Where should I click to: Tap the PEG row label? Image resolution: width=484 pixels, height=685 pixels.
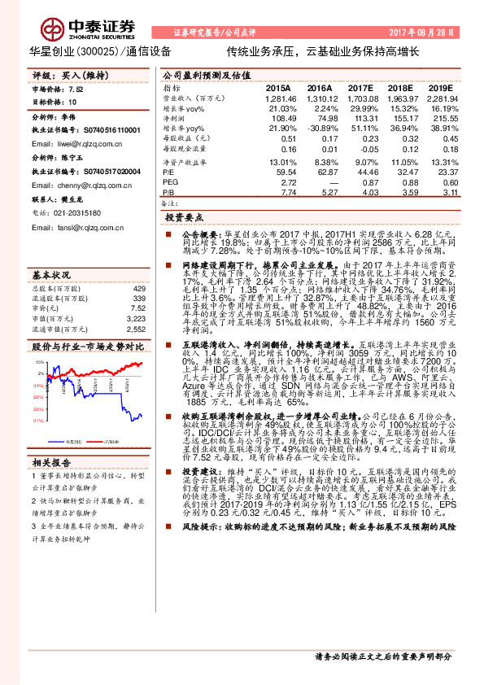[170, 183]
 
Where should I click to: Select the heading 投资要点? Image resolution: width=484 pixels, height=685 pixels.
[182, 219]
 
